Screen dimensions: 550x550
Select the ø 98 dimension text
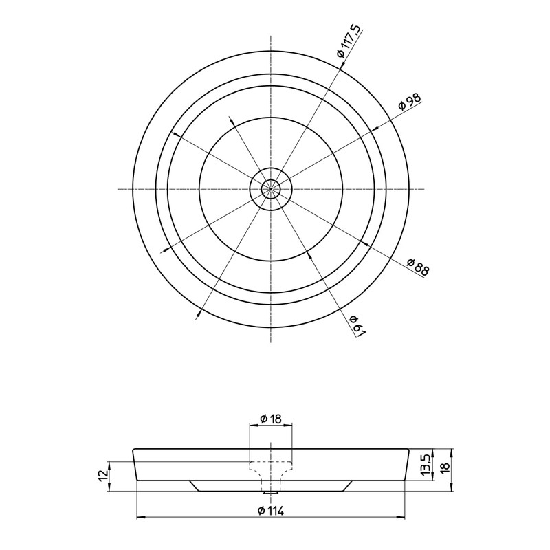(409, 101)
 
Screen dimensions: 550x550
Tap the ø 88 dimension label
(418, 267)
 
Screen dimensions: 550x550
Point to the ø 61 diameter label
(357, 325)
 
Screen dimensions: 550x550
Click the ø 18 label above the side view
(271, 419)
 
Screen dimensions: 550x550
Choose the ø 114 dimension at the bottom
(270, 510)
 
